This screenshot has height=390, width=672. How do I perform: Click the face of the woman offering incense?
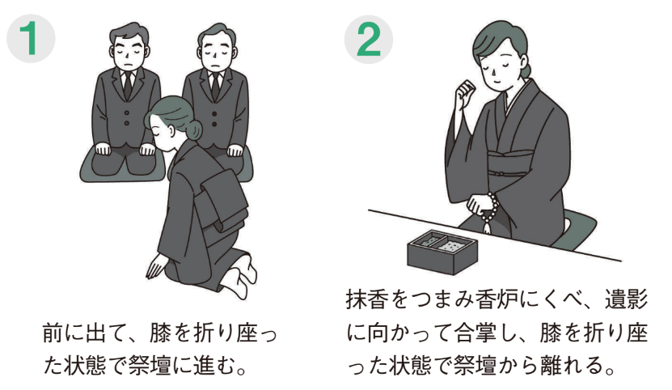496,61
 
